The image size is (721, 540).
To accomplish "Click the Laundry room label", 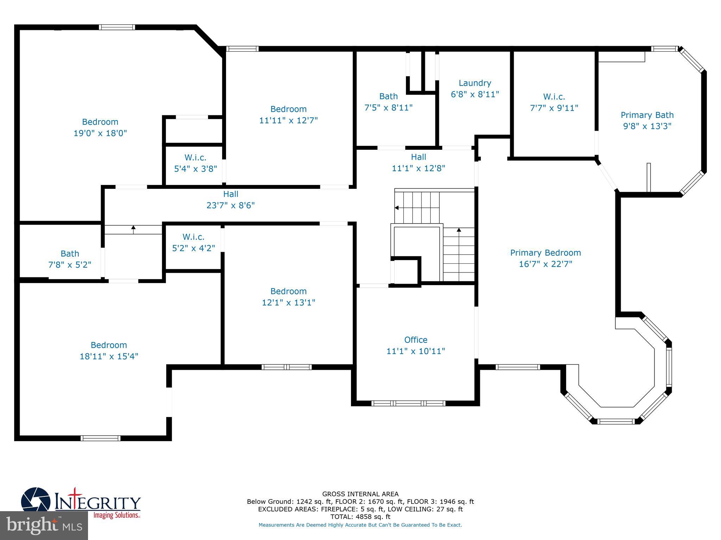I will pyautogui.click(x=475, y=83).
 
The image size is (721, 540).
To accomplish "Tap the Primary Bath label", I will pyautogui.click(x=647, y=115).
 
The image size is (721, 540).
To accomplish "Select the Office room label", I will pyautogui.click(x=415, y=340).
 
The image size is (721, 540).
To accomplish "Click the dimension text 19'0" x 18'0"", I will pyautogui.click(x=100, y=133).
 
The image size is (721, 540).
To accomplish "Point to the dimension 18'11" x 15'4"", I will pyautogui.click(x=109, y=356).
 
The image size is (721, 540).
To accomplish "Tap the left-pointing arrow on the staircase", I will pyautogui.click(x=397, y=208).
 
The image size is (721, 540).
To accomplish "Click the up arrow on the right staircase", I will pyautogui.click(x=459, y=230).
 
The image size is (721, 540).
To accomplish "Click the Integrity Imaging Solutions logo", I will pyautogui.click(x=81, y=503).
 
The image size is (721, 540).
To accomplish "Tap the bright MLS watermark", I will pyautogui.click(x=44, y=526).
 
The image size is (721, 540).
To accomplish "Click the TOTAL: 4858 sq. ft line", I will pyautogui.click(x=360, y=517).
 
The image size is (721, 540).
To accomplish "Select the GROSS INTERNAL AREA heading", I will pyautogui.click(x=360, y=494).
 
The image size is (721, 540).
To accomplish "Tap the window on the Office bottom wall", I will pyautogui.click(x=408, y=403).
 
